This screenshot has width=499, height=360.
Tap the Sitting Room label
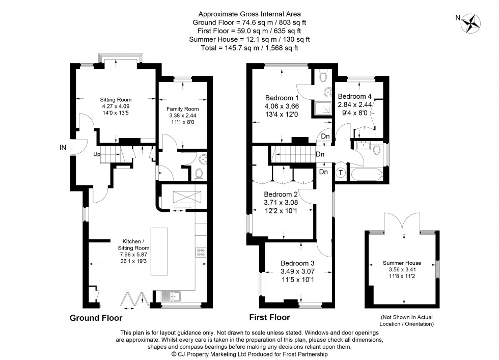tap(116, 100)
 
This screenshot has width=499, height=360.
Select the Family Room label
tap(183, 109)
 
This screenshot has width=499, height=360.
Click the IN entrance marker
tap(63, 148)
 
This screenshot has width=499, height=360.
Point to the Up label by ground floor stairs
tap(97, 154)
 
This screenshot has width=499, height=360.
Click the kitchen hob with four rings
tap(201, 252)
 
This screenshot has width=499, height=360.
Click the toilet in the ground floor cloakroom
tap(200, 173)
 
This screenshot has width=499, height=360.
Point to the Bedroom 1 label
tap(282, 98)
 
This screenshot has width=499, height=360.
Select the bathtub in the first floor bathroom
tap(366, 175)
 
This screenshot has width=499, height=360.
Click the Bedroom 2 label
tap(281, 194)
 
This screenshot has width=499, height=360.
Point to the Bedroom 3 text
tap(298, 263)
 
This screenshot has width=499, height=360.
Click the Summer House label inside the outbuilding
tap(403, 263)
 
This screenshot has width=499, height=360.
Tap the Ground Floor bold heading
tap(96, 318)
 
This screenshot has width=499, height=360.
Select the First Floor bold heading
tap(269, 317)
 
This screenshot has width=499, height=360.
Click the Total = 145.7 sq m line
tap(249, 48)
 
